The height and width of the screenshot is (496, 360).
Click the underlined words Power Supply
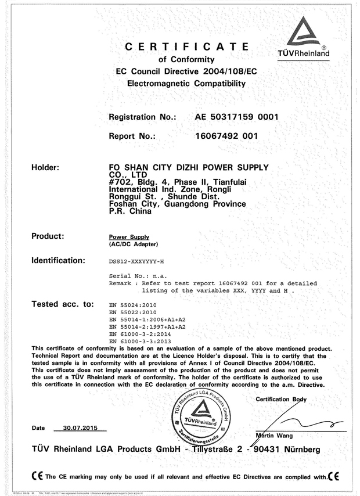tap(129, 237)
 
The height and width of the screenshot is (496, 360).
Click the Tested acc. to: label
tap(62, 304)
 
